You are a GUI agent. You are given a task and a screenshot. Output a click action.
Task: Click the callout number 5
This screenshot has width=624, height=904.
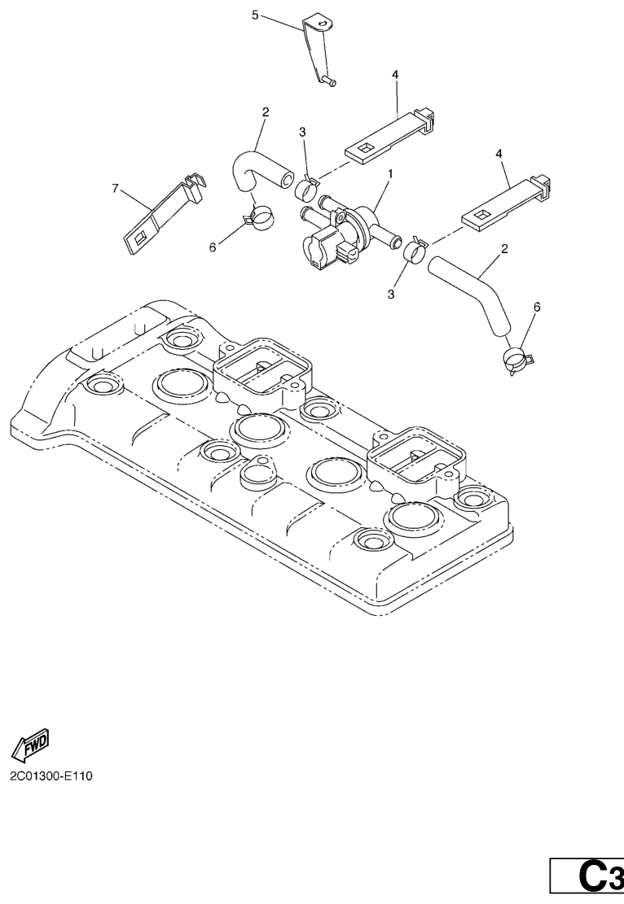[x=255, y=15]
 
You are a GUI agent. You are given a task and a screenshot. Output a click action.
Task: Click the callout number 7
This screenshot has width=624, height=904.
[x=116, y=188]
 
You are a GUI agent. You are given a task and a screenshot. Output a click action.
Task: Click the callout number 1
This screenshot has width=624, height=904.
[x=391, y=173]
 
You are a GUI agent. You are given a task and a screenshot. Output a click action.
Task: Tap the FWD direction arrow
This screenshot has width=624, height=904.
[x=30, y=743]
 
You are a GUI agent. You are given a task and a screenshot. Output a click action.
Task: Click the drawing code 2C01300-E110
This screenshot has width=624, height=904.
[x=51, y=776]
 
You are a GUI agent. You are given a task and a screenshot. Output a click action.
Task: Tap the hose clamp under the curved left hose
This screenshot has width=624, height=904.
[x=257, y=216]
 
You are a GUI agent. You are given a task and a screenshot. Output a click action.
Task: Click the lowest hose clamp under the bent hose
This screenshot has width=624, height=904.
[x=517, y=360]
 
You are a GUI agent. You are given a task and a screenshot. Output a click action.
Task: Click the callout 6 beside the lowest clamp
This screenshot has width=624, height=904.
[x=537, y=308]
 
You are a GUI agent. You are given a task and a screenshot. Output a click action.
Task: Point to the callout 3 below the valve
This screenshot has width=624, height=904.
[x=391, y=294]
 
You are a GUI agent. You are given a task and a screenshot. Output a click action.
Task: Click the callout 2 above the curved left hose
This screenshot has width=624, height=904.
[x=266, y=111]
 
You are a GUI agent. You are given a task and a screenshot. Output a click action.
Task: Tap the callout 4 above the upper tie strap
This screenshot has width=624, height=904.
[x=395, y=75]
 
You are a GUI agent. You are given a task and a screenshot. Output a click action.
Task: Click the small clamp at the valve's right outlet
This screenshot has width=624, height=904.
[x=415, y=249]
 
